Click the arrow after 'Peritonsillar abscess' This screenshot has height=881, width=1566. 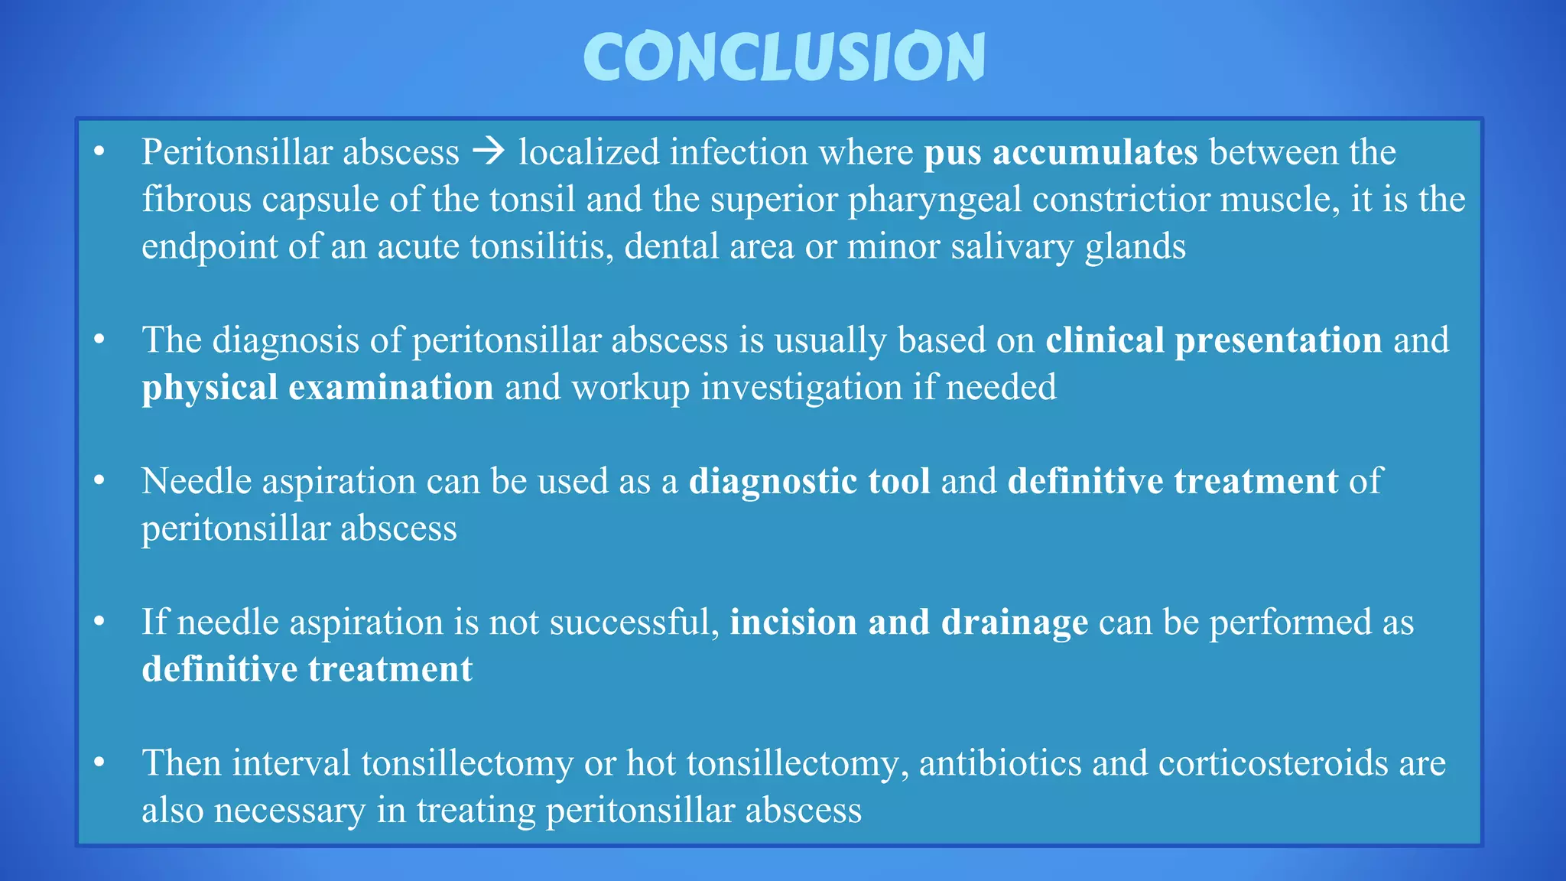489,151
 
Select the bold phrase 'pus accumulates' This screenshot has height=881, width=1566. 1061,152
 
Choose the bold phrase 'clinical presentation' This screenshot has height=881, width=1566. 1213,340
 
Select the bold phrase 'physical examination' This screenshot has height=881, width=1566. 317,388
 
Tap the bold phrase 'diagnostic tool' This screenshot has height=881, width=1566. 809,482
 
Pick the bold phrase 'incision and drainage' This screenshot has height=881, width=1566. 908,623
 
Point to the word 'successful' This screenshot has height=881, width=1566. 634,623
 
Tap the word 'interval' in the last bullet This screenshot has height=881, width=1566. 291,763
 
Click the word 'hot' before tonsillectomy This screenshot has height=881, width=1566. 651,763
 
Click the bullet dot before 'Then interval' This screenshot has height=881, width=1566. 99,762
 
